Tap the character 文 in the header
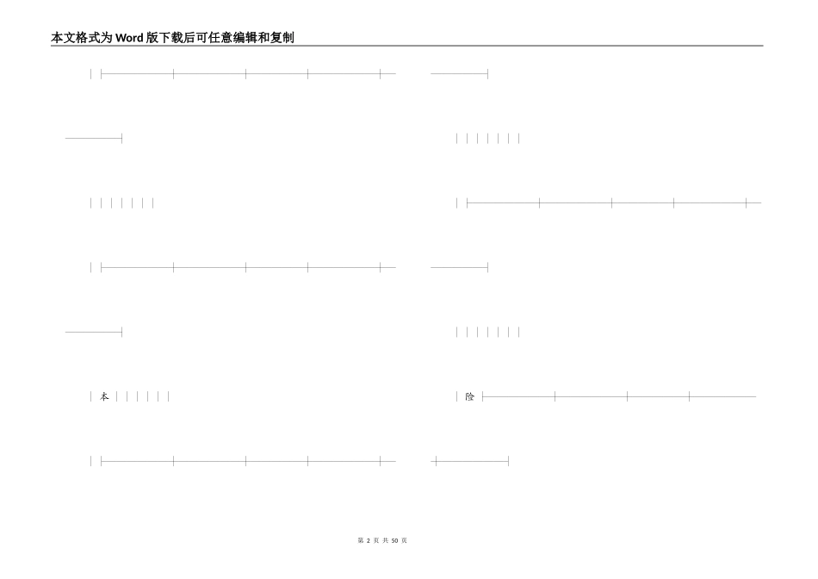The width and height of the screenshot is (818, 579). tap(70, 38)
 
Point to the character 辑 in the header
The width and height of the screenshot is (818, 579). tap(252, 38)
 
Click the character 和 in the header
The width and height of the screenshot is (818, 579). tap(264, 38)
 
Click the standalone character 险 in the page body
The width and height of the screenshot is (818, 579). tap(469, 396)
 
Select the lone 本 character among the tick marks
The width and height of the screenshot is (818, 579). tap(104, 396)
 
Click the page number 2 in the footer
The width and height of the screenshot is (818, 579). tap(368, 541)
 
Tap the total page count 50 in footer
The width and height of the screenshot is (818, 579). tap(394, 541)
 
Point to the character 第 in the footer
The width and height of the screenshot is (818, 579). tap(360, 541)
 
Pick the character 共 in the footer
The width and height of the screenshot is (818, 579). tap(385, 541)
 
